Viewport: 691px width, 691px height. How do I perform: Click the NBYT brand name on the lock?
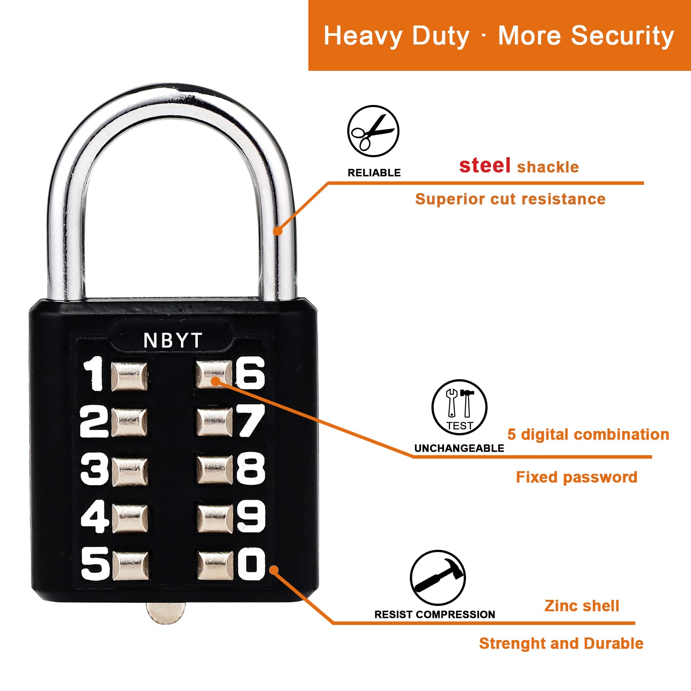pos(173,340)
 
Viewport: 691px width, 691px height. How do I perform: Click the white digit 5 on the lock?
pos(95,563)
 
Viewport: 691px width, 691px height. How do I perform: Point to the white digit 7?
pos(250,421)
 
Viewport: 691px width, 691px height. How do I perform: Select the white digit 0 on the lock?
pos(251,563)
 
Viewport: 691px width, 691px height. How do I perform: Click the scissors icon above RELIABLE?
pos(373,131)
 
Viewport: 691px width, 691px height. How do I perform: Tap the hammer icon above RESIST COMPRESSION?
pos(437,578)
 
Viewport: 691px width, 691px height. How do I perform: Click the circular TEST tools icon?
pos(460,407)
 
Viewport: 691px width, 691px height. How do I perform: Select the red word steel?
pos(485,165)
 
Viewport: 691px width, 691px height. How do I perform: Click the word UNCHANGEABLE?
pos(459,448)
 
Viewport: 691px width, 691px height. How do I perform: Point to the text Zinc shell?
pos(582,606)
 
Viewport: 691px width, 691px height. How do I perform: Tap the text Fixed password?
pos(577,477)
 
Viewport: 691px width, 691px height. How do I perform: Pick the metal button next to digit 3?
pos(130,470)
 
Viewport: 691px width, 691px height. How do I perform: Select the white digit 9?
pos(251,516)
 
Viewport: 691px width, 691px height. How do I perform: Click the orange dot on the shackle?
pos(278,231)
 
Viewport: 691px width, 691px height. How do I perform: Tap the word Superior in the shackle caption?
pos(444,200)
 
